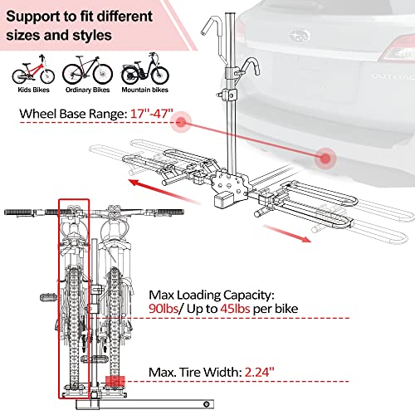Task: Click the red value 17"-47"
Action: click(149, 113)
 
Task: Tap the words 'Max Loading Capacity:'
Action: click(212, 293)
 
